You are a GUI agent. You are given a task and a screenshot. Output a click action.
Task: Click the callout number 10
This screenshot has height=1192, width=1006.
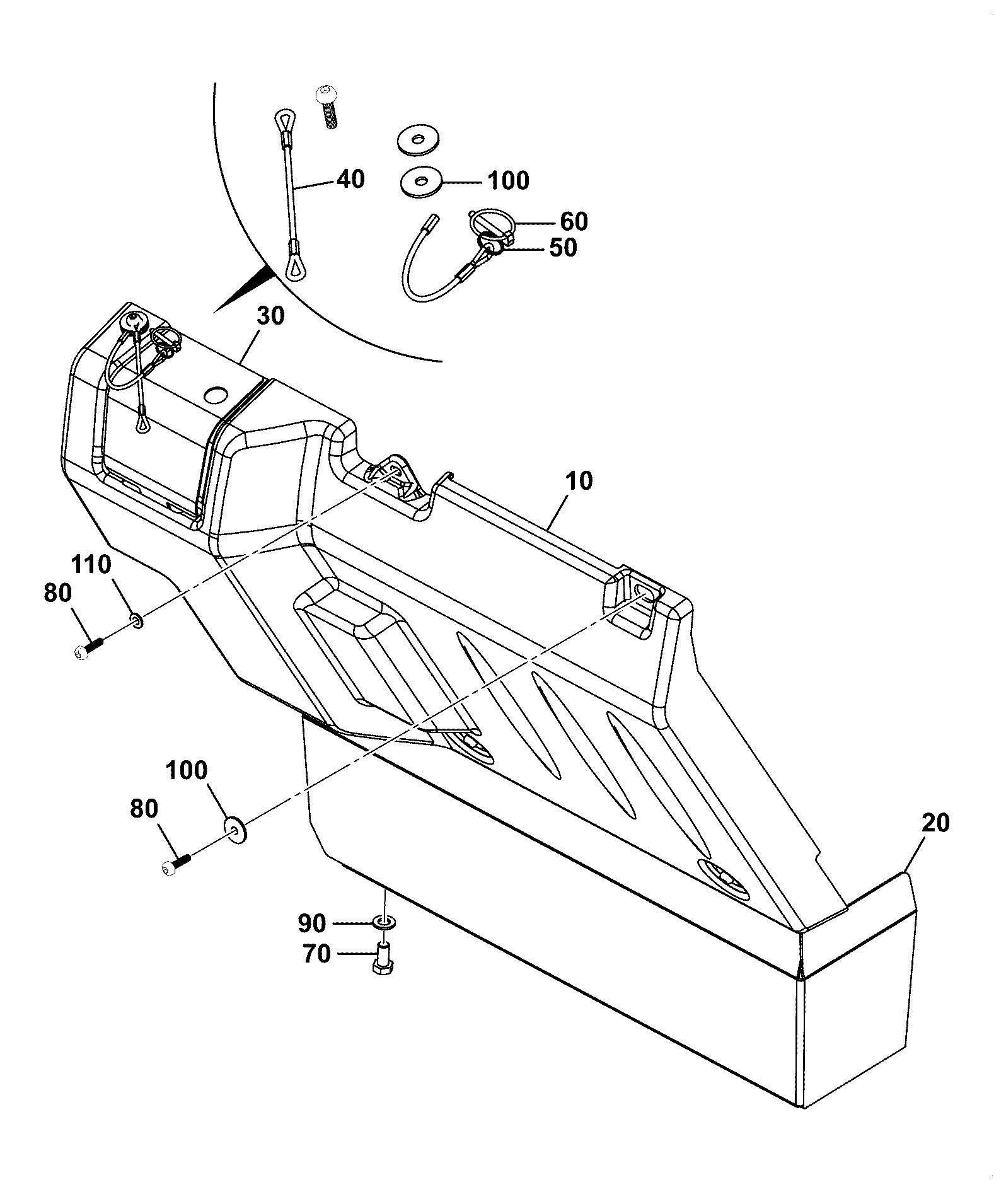[x=579, y=481]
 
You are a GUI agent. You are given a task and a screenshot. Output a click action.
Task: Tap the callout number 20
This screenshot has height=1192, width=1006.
[x=935, y=823]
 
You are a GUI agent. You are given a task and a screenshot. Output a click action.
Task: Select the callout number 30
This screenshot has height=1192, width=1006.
[x=271, y=315]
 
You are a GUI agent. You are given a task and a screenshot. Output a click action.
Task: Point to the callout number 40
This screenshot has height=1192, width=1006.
[x=350, y=179]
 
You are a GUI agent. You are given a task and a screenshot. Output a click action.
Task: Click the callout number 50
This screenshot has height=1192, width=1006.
[x=562, y=248]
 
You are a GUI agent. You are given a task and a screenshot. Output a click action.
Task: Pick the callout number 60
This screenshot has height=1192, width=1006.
[x=574, y=221]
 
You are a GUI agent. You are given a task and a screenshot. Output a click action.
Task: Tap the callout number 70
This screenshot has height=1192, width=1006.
[x=316, y=954]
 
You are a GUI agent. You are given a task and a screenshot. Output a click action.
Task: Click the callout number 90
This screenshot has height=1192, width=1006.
[x=311, y=923]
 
